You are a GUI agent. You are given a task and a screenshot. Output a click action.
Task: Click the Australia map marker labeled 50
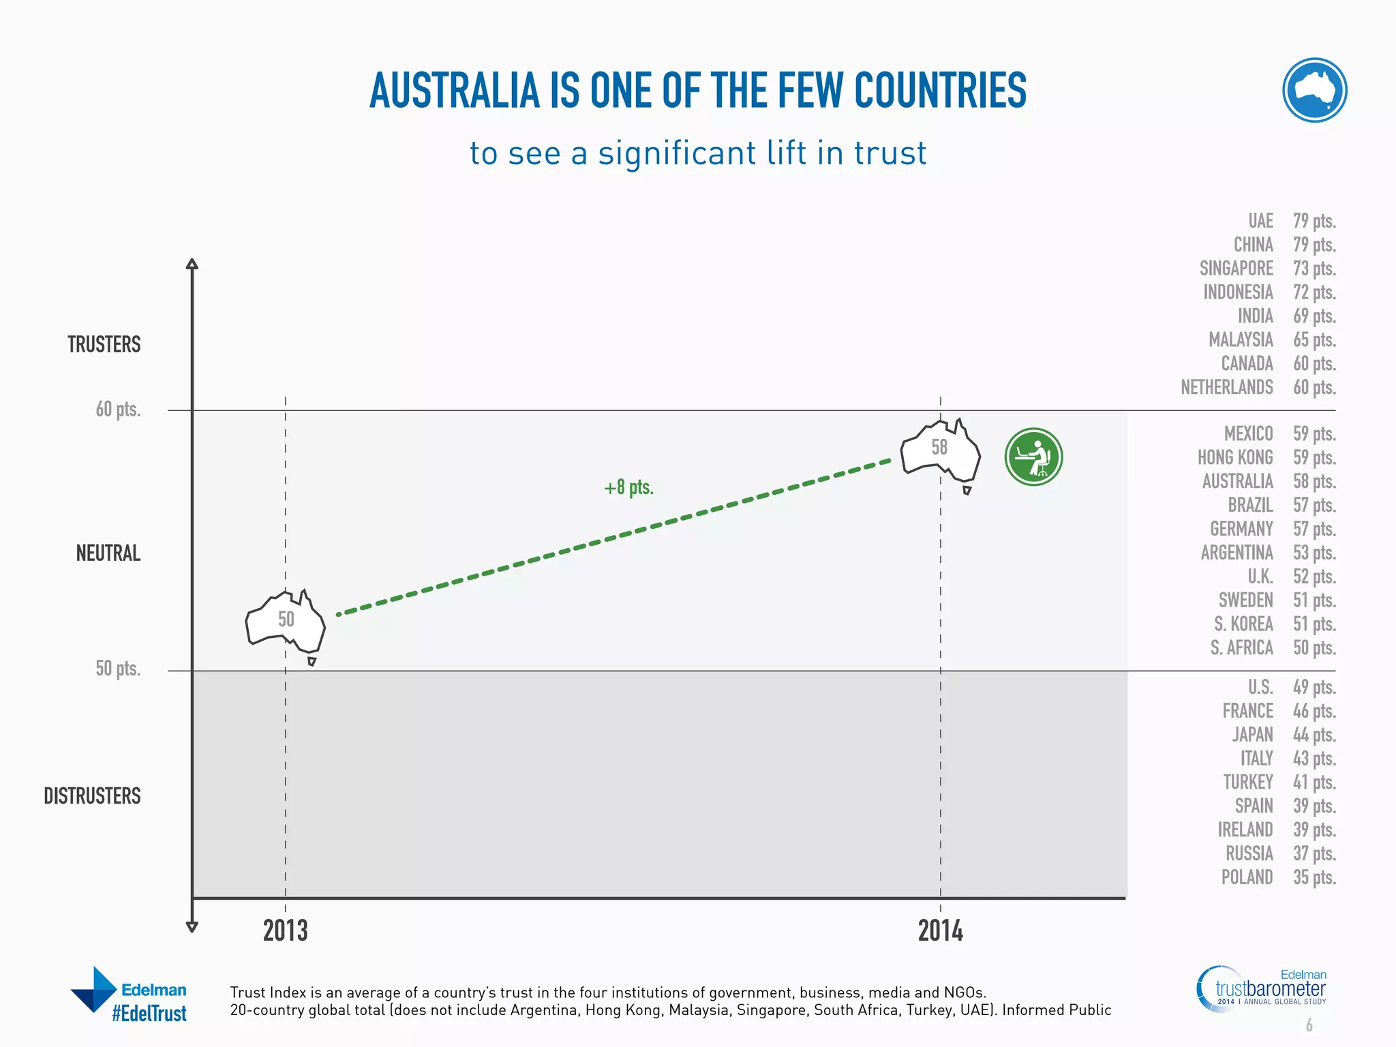285,620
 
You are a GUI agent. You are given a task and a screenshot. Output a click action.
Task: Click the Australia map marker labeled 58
940,450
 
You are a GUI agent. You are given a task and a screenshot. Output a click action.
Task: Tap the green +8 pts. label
628,488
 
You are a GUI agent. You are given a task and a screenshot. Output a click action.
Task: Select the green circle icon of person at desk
1033,457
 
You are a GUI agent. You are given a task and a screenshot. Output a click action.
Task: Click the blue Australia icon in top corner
1314,90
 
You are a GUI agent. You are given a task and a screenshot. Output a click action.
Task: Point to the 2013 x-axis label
285,931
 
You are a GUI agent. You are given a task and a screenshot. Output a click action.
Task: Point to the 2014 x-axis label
940,931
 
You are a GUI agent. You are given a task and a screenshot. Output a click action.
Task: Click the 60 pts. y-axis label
118,409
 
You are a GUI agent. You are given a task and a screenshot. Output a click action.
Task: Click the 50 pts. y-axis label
118,668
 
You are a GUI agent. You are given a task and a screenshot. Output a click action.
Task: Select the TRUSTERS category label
104,344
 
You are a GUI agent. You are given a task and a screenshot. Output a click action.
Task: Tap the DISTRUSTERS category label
92,795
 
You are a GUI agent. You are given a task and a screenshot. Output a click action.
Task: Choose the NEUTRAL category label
108,553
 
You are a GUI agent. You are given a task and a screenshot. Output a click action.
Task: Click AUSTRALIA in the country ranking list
1237,481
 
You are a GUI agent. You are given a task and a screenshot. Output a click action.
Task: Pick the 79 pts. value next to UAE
1314,221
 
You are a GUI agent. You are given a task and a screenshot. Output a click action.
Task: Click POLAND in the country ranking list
1247,877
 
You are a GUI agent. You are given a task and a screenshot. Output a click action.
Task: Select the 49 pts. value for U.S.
1314,687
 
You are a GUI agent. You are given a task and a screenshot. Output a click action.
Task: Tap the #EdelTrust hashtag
149,1014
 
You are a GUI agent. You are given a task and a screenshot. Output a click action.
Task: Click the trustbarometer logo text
1271,989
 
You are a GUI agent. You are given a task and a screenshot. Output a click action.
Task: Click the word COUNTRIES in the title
940,91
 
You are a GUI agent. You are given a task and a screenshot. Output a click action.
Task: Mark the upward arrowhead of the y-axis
192,264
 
